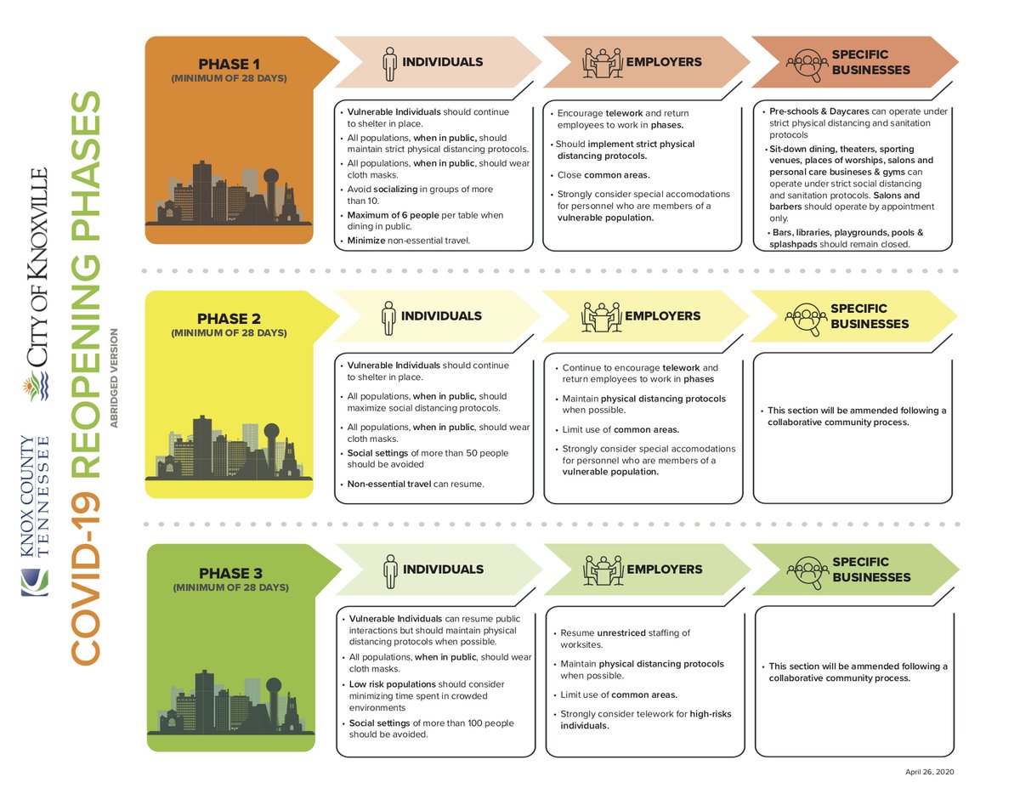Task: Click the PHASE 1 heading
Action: [229, 64]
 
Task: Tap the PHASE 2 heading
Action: [229, 319]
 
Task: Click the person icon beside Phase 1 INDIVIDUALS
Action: [389, 62]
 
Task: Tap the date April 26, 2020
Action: [931, 771]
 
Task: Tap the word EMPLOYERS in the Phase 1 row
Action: [664, 62]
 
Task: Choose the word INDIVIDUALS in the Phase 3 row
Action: [442, 570]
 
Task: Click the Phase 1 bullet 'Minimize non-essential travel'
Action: [408, 241]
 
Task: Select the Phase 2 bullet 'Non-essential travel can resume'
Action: [415, 484]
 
